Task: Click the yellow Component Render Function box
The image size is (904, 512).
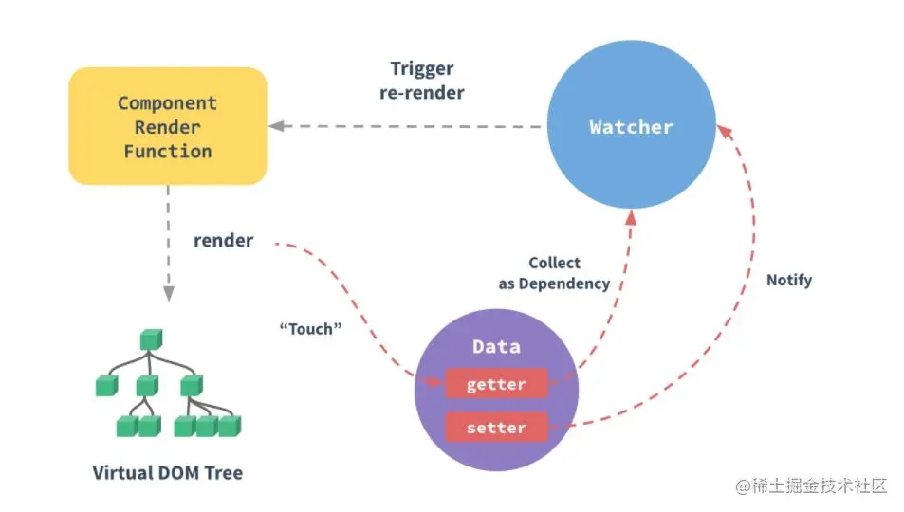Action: coord(167,126)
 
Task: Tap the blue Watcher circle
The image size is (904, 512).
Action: coord(631,126)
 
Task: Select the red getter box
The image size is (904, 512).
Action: coord(496,384)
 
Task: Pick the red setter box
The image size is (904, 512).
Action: coord(496,428)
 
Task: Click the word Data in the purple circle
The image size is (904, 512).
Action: coord(496,347)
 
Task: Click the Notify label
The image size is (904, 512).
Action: coord(789,281)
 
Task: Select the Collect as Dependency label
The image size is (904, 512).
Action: coord(555,273)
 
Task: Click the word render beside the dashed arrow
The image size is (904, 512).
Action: coord(223,241)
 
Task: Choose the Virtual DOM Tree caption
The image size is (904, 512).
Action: coord(167,472)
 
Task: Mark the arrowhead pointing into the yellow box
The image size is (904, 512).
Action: coord(275,126)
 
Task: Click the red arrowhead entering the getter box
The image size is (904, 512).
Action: coord(437,382)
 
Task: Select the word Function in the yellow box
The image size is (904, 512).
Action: coord(167,151)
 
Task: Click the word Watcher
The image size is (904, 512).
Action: coord(631,127)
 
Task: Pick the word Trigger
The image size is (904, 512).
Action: coord(422,68)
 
